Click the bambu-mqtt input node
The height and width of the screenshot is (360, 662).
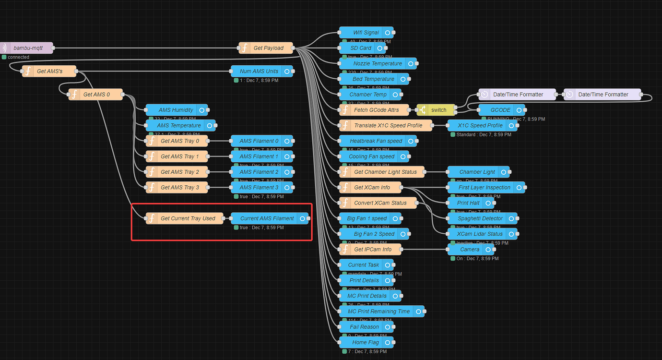pyautogui.click(x=28, y=48)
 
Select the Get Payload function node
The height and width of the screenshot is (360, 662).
pyautogui.click(x=268, y=48)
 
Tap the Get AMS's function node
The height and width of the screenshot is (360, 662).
pyautogui.click(x=49, y=71)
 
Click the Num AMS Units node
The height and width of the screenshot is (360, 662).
pyautogui.click(x=259, y=71)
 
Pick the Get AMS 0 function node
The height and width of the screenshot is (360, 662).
pyautogui.click(x=96, y=95)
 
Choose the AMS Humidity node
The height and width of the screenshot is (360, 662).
pyautogui.click(x=176, y=110)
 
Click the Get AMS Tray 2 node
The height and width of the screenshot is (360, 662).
pyautogui.click(x=179, y=172)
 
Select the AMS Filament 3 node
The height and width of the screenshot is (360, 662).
pyautogui.click(x=259, y=187)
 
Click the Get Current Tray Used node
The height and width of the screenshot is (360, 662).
pyautogui.click(x=188, y=218)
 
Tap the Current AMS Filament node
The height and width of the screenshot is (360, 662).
pyautogui.click(x=267, y=218)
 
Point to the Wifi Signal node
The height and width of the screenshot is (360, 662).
pyautogui.click(x=366, y=33)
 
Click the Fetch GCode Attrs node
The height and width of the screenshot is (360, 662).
pyautogui.click(x=376, y=110)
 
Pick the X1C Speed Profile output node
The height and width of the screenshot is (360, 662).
pyautogui.click(x=480, y=125)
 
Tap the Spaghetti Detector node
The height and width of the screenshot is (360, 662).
pyautogui.click(x=480, y=218)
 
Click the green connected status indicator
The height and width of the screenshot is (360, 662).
pyautogui.click(x=4, y=57)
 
